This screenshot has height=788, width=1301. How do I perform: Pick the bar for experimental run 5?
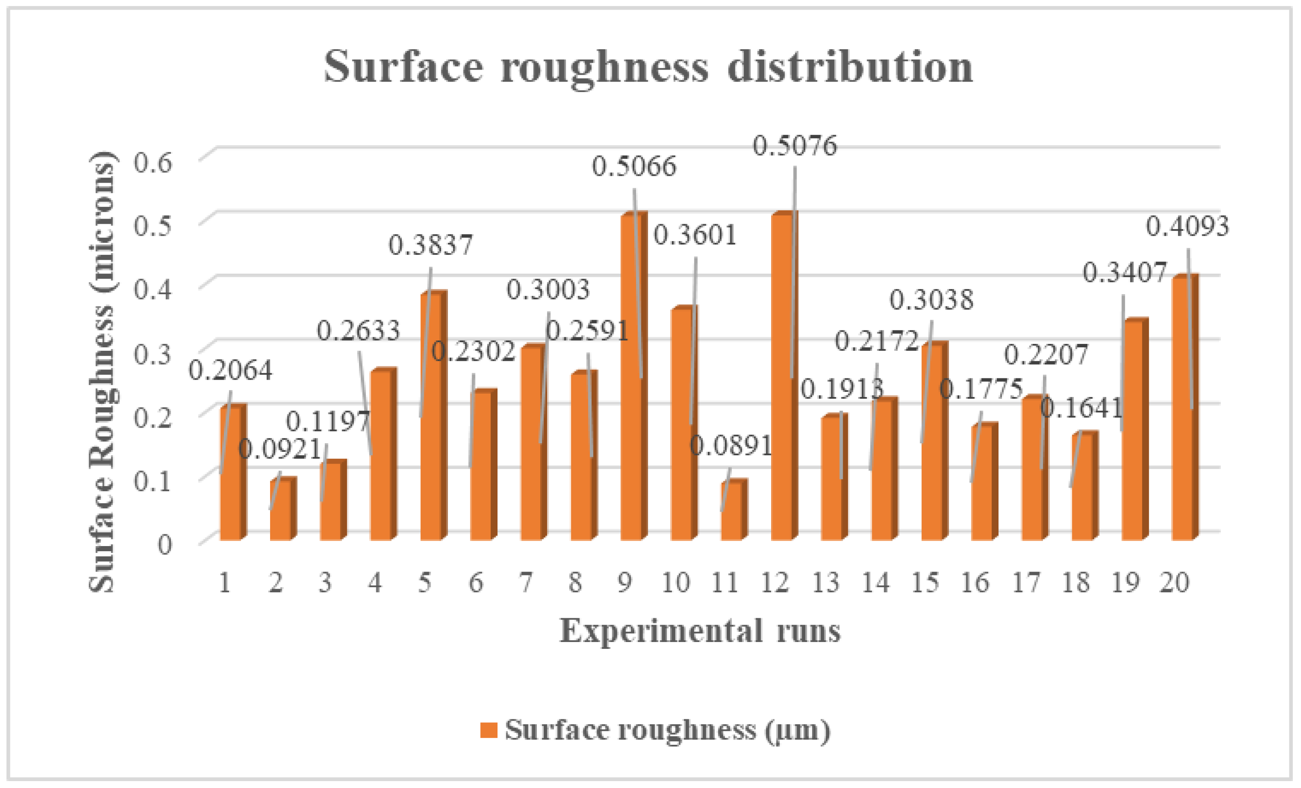point(430,417)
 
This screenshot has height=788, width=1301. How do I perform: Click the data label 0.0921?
point(280,450)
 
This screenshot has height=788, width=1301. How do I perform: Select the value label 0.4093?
point(1187,227)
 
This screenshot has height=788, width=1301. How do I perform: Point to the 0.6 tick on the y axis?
point(153,162)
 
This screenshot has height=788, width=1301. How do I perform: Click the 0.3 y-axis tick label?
point(153,353)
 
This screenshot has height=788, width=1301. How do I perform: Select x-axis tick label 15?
point(926,583)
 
